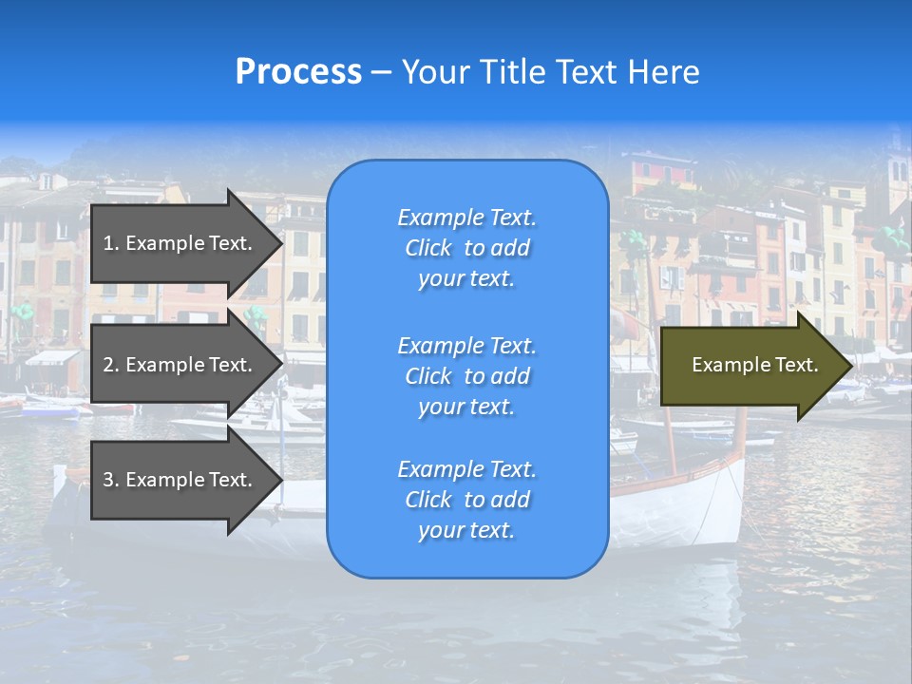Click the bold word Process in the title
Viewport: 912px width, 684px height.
[x=298, y=72]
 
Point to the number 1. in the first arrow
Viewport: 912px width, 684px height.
[x=111, y=243]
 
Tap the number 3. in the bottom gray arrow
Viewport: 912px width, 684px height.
[x=111, y=480]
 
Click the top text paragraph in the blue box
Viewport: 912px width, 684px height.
[x=466, y=248]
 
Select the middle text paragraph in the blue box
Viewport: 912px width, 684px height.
[x=466, y=376]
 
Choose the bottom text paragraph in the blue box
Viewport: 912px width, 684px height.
[x=466, y=500]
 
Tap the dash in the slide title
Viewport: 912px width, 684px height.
[x=381, y=73]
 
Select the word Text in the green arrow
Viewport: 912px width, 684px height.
[x=798, y=365]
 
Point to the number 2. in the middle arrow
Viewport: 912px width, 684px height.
[x=111, y=365]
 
